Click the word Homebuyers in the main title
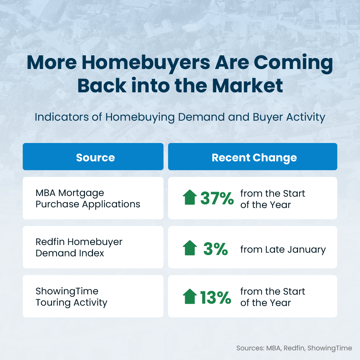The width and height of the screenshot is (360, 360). pos(146,63)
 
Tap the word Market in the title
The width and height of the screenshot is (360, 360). pos(247,85)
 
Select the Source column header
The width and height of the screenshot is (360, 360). pos(95,157)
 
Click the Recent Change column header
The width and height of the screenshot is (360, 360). pos(254,158)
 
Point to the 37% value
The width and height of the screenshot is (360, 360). pos(217,198)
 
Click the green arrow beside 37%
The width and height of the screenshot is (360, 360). pos(190,197)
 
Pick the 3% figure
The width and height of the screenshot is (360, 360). pos(215,249)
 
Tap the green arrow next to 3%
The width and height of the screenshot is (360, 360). pos(190,248)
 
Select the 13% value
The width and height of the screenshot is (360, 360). pos(215,298)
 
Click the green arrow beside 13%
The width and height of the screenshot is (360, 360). pos(190,296)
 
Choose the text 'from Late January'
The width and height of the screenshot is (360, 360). pos(283,250)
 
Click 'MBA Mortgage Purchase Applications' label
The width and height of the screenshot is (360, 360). pos(88,199)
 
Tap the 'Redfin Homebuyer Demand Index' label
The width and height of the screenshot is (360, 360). pos(79,247)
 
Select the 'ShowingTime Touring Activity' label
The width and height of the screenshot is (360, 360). pos(71,297)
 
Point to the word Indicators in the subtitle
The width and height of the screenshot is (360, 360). pos(62,117)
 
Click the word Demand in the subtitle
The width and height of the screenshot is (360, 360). pos(201,117)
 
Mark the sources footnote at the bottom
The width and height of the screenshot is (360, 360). pos(294,348)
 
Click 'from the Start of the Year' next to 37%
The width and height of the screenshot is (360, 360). pos(273,199)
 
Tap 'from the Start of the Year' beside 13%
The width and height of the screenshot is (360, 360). pos(273,297)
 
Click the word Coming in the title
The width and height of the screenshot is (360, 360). pos(293,63)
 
